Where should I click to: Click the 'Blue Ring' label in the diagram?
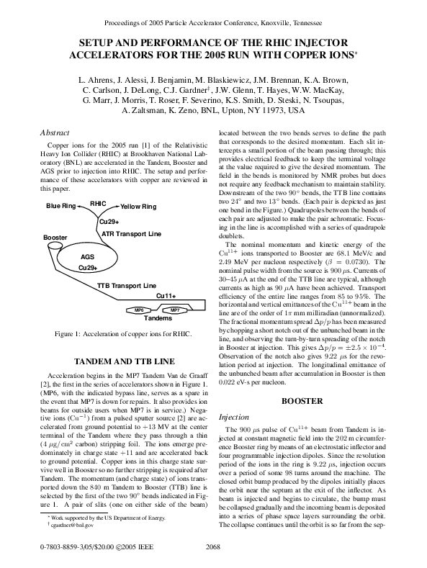[61, 207]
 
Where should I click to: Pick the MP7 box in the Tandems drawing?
[174, 310]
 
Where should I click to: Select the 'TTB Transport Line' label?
[127, 286]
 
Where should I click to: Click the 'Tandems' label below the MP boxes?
[158, 318]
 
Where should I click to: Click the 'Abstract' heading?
[56, 132]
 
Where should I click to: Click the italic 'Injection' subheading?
[233, 417]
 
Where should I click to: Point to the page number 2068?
[213, 549]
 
